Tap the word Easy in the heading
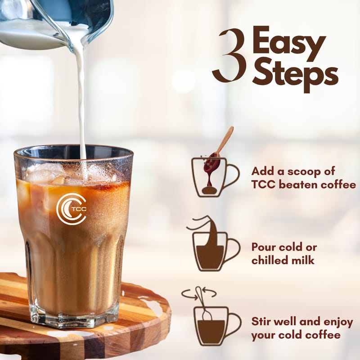click(x=289, y=44)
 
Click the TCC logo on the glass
click(x=72, y=208)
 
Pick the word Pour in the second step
click(x=263, y=247)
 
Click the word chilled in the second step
click(x=271, y=260)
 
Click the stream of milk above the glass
click(x=81, y=103)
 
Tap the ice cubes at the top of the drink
click(x=67, y=173)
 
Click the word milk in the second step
click(x=305, y=260)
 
